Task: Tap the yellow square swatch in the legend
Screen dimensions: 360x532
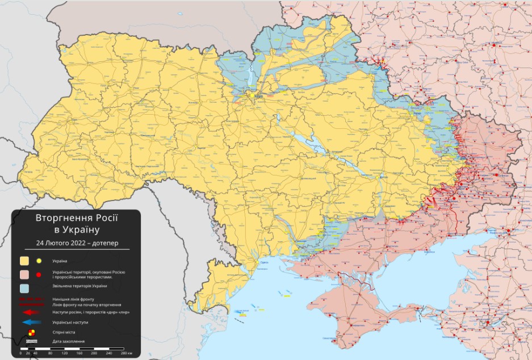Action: [x=24, y=261]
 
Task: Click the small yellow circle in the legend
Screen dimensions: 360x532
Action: [x=39, y=261]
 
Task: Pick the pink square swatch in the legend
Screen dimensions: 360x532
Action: [x=24, y=275]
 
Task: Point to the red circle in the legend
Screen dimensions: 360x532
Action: [x=39, y=275]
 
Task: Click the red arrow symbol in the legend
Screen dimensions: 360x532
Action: [x=31, y=312]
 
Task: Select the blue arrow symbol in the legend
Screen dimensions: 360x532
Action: [x=31, y=322]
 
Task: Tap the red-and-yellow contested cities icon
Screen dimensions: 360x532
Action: [x=31, y=332]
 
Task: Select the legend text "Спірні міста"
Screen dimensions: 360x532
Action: [x=63, y=332]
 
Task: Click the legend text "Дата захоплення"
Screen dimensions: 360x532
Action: [x=68, y=341]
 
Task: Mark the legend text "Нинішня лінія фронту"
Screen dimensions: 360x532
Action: [x=73, y=299]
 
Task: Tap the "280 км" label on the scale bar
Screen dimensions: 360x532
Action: [x=125, y=353]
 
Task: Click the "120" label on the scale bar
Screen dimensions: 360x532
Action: [x=65, y=353]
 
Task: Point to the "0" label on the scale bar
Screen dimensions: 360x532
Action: [x=20, y=353]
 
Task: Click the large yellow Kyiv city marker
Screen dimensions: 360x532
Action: [x=253, y=96]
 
